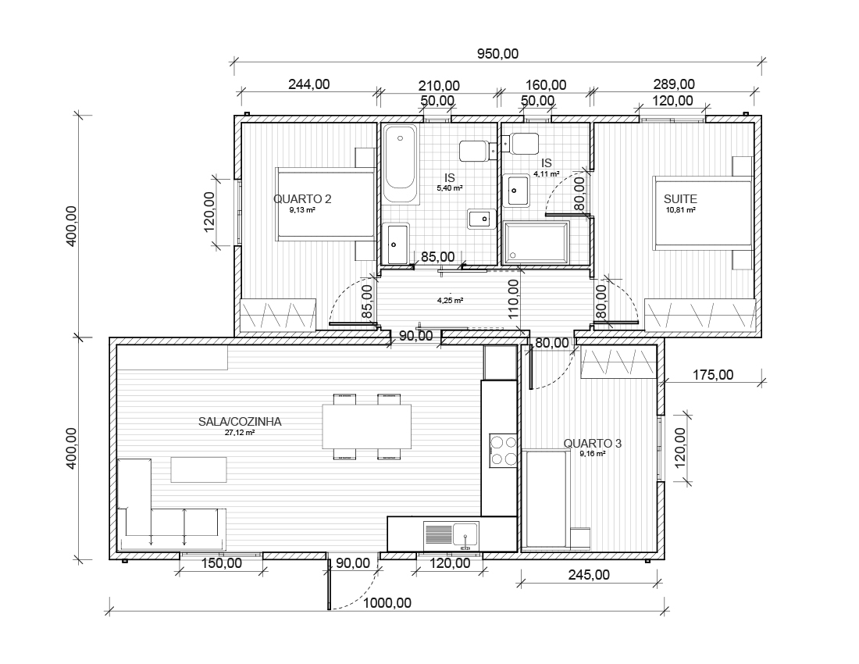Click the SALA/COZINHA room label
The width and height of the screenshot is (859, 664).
[240, 422]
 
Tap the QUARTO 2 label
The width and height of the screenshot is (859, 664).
[302, 199]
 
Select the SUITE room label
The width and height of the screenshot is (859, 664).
[680, 199]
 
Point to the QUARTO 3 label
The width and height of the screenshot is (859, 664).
[592, 443]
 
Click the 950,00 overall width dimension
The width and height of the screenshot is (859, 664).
[497, 54]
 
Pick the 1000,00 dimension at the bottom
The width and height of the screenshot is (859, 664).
[387, 603]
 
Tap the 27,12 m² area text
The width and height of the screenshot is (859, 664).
[240, 432]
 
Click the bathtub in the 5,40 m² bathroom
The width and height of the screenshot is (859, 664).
[400, 164]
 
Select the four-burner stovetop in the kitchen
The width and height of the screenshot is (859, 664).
[504, 450]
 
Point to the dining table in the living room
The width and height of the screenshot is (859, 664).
[366, 427]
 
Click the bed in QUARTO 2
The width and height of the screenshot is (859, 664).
[324, 204]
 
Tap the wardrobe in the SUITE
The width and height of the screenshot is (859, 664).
[700, 315]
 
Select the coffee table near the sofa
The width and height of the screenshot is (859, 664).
[199, 469]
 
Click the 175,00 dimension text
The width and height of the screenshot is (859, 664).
[713, 375]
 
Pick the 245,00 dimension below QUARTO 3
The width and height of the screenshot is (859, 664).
[589, 575]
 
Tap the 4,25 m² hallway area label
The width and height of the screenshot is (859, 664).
[450, 300]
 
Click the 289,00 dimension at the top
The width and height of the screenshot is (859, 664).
[674, 84]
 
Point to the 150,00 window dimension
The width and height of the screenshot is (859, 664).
[221, 562]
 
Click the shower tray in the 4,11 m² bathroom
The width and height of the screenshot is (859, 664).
[537, 241]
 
